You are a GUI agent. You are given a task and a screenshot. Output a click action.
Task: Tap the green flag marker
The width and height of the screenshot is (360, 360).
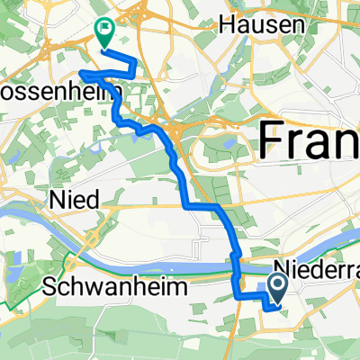tap(105, 33)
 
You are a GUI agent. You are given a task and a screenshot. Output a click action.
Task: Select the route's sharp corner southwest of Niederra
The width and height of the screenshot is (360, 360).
tap(238, 294)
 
